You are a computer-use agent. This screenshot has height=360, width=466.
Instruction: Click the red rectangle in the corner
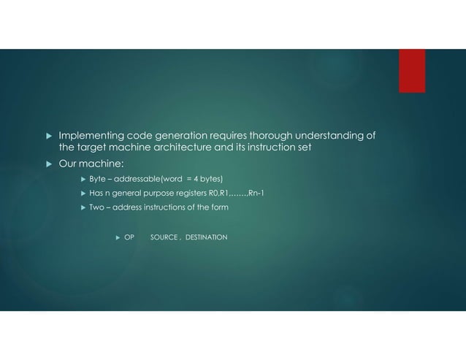tap(411, 71)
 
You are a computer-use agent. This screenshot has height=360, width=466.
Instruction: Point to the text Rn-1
tap(258, 194)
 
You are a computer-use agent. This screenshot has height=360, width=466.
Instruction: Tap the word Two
tap(97, 207)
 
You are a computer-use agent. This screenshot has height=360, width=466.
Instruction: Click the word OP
tap(129, 237)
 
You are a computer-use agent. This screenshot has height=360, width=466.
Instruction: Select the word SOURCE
tap(164, 237)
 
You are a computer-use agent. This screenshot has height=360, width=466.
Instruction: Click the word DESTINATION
tap(206, 237)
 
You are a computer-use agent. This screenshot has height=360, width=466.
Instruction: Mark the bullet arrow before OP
tap(118, 237)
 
